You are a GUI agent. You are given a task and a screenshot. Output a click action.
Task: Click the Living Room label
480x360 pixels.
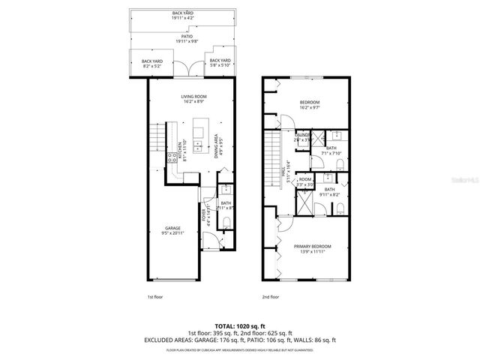tap(193, 99)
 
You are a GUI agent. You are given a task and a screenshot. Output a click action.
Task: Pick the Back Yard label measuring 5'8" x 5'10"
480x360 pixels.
tap(220, 62)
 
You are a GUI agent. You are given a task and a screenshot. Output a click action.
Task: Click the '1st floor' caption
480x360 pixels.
tap(155, 296)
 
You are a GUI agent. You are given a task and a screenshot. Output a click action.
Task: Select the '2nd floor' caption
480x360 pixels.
tap(270, 296)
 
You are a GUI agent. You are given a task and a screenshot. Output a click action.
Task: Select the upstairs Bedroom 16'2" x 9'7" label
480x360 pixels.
tap(310, 104)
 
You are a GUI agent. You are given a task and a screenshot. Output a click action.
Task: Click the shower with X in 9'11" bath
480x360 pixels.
tap(305, 202)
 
